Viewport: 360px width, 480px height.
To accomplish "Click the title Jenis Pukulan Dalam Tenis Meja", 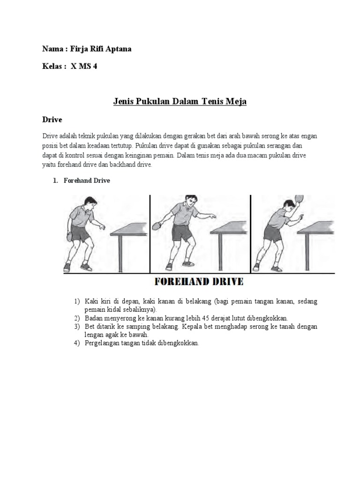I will [x=180, y=102].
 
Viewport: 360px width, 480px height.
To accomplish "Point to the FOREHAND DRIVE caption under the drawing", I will [x=199, y=282].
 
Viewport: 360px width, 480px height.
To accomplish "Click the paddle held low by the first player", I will [x=71, y=236].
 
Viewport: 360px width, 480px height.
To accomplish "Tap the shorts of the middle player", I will [x=180, y=232].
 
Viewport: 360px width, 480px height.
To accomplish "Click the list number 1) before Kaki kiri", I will [x=77, y=301].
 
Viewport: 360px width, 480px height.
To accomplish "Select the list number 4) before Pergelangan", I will [x=77, y=343].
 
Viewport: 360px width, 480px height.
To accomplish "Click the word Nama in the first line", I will [x=52, y=49].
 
